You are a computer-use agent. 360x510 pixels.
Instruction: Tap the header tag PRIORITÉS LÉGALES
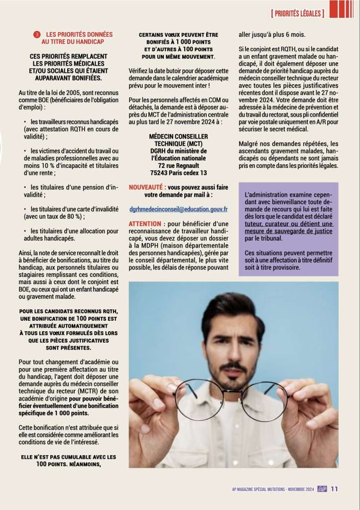coord(297,13)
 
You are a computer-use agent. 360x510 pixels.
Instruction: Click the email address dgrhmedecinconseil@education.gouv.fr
coord(178,210)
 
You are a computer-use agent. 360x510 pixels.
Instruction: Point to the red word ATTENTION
coord(145,224)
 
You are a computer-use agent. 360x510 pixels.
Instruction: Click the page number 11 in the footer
coord(334,489)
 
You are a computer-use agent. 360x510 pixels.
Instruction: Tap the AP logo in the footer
coord(322,489)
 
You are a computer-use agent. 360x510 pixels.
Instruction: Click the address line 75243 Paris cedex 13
coord(178,173)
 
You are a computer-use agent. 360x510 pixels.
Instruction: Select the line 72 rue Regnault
coord(178,165)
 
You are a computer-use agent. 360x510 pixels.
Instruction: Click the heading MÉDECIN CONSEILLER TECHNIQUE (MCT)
coord(178,139)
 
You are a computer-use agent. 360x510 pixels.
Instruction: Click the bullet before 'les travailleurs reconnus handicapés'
coord(25,122)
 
